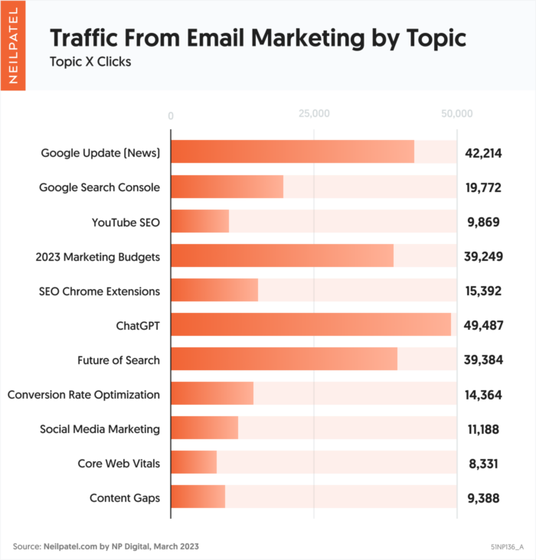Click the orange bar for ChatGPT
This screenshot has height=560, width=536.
click(310, 324)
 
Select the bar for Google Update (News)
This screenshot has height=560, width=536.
click(292, 152)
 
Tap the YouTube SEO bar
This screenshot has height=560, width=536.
click(199, 221)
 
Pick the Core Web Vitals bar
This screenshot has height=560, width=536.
click(193, 463)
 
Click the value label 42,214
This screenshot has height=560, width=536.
click(482, 153)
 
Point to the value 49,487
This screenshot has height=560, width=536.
click(482, 325)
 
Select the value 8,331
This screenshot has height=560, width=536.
click(482, 464)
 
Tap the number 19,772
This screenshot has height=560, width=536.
click(482, 187)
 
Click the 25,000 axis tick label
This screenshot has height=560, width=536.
click(313, 114)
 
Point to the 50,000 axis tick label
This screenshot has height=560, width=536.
click(457, 114)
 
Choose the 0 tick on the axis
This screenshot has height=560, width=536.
click(171, 115)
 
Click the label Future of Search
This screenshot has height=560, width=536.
click(119, 360)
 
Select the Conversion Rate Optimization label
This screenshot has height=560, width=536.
click(83, 395)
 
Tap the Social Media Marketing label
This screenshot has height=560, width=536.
click(100, 429)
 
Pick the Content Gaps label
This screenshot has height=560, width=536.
click(125, 498)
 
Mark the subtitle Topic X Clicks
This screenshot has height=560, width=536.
click(90, 62)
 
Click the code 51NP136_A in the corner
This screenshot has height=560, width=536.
click(508, 547)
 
